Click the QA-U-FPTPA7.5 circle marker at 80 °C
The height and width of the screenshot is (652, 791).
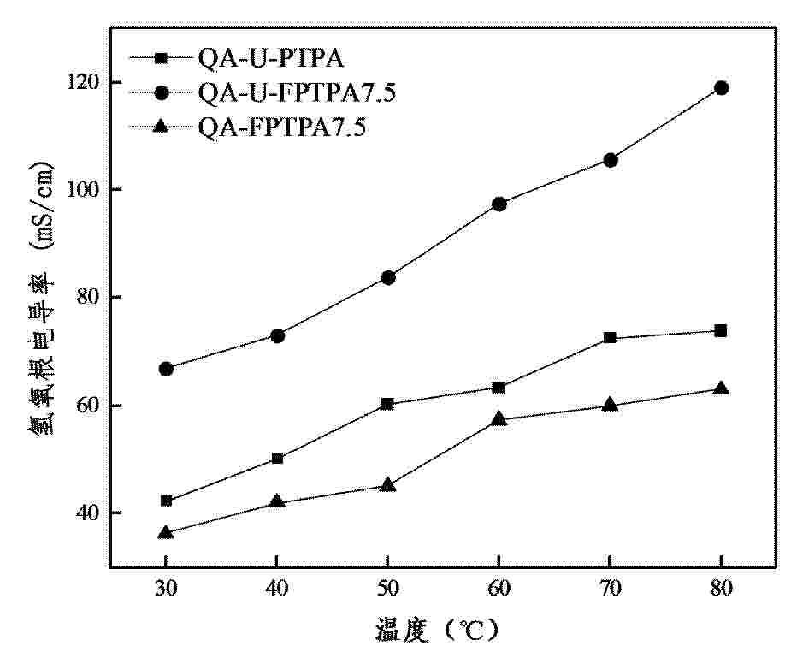tap(721, 88)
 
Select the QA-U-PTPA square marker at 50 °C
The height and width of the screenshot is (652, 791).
tap(387, 404)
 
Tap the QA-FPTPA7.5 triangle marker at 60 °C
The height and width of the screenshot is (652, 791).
tap(499, 418)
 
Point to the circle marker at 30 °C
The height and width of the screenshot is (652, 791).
tap(166, 369)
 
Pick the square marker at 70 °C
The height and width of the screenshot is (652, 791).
tap(610, 338)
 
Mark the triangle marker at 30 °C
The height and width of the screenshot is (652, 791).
tap(166, 532)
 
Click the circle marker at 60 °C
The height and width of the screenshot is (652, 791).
tap(499, 204)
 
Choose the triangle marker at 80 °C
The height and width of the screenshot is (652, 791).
tap(721, 388)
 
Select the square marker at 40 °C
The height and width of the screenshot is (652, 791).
tap(277, 459)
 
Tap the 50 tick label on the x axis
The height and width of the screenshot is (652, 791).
tap(387, 590)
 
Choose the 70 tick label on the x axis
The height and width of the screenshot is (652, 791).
tap(610, 590)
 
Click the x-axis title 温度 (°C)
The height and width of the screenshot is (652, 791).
tap(436, 631)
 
